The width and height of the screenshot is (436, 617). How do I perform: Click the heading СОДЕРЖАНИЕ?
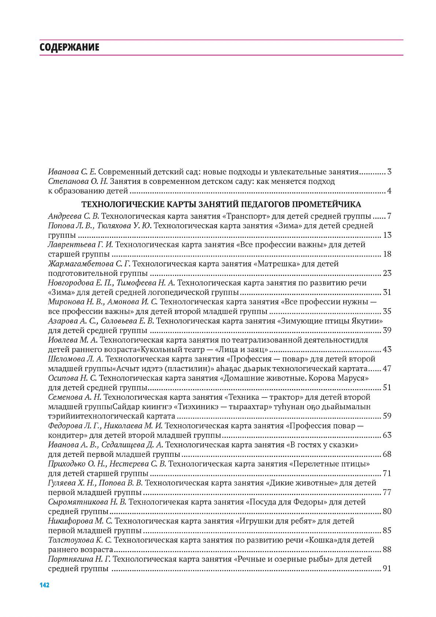coord(69,48)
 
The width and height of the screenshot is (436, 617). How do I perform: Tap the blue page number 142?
coord(44,585)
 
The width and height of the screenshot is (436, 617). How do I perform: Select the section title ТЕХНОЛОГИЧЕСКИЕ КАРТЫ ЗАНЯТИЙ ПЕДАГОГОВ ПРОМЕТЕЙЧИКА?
coord(221,204)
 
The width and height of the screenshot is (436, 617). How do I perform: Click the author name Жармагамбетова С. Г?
coord(89,264)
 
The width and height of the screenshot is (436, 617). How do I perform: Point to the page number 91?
coord(387,569)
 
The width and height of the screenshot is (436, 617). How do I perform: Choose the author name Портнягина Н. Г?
coord(80,559)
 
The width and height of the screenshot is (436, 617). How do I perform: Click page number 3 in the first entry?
coord(389,172)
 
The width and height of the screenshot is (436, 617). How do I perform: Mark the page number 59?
coord(387,416)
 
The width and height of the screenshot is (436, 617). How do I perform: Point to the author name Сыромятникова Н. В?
coord(87,502)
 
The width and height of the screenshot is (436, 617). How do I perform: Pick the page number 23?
coord(387,273)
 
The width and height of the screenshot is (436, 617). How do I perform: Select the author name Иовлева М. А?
coord(73,340)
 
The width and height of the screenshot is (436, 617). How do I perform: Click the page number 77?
coord(387,492)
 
